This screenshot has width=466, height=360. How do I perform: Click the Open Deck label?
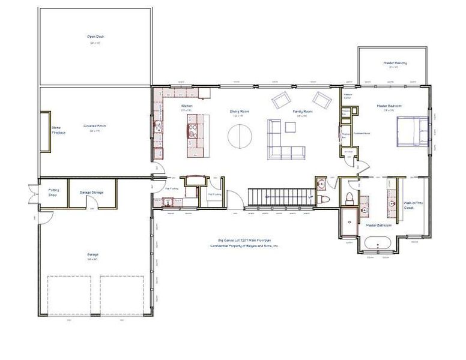[95, 37]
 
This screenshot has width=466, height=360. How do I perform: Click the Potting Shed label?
[53, 192]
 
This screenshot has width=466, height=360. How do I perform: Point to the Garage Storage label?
[92, 193]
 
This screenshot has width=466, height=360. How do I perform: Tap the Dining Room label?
[240, 112]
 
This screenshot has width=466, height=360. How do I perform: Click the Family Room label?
[300, 112]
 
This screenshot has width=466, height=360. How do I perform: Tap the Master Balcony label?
[395, 63]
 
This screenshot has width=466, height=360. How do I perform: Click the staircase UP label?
[310, 197]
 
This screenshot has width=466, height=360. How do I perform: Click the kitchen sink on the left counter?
[157, 127]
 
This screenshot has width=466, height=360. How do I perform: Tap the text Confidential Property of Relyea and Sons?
[244, 246]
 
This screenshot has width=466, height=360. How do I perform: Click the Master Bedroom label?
[389, 106]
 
